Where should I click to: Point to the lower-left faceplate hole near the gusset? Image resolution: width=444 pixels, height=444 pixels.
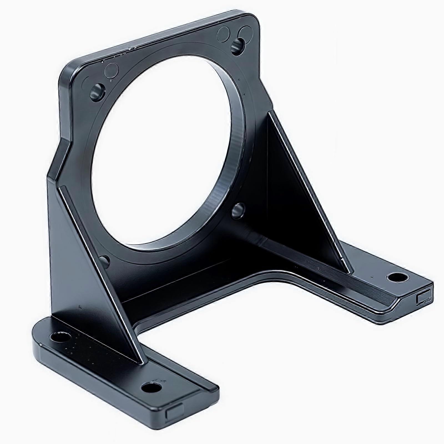[104, 261]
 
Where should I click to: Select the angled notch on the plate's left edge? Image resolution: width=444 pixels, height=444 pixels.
[60, 158]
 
